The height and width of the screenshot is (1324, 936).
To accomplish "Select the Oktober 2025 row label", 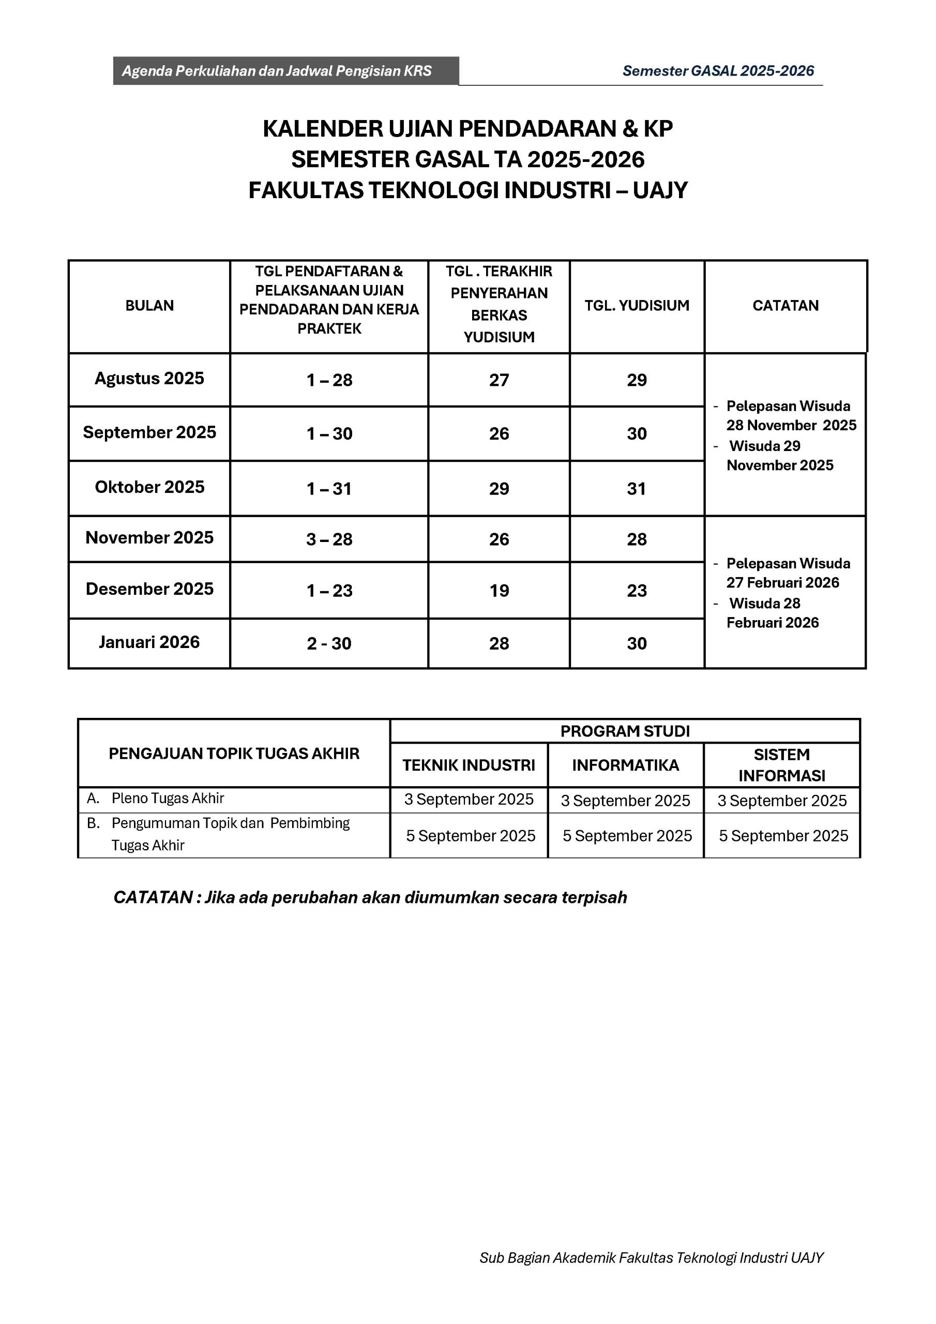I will [149, 487].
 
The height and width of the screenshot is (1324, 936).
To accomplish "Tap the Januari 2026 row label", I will [149, 642].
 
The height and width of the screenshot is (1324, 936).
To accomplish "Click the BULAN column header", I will [149, 306].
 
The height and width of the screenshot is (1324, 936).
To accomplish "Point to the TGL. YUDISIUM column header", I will [637, 306].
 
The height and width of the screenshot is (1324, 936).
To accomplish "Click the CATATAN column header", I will [786, 306].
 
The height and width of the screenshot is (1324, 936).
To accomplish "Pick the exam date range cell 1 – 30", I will [329, 433].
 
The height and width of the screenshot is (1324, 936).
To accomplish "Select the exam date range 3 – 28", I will [329, 539].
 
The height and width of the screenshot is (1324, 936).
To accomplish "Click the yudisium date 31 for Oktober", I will [637, 489].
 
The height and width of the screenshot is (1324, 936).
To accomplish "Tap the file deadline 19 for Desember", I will [499, 591].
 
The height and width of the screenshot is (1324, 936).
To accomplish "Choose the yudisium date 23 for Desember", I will [637, 591].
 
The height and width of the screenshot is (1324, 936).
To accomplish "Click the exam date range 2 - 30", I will [329, 643].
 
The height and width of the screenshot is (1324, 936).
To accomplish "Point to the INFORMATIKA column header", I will [626, 765].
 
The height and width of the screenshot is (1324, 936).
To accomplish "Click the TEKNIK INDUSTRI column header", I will [469, 765].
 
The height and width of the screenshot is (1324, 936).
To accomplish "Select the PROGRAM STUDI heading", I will [625, 731].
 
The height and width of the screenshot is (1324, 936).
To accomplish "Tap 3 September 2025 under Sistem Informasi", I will [782, 801].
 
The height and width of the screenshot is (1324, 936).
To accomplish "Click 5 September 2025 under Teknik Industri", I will [471, 836].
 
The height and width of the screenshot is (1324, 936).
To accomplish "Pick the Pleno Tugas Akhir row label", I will [167, 798].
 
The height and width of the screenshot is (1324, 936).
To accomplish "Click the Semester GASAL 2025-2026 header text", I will [718, 71].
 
